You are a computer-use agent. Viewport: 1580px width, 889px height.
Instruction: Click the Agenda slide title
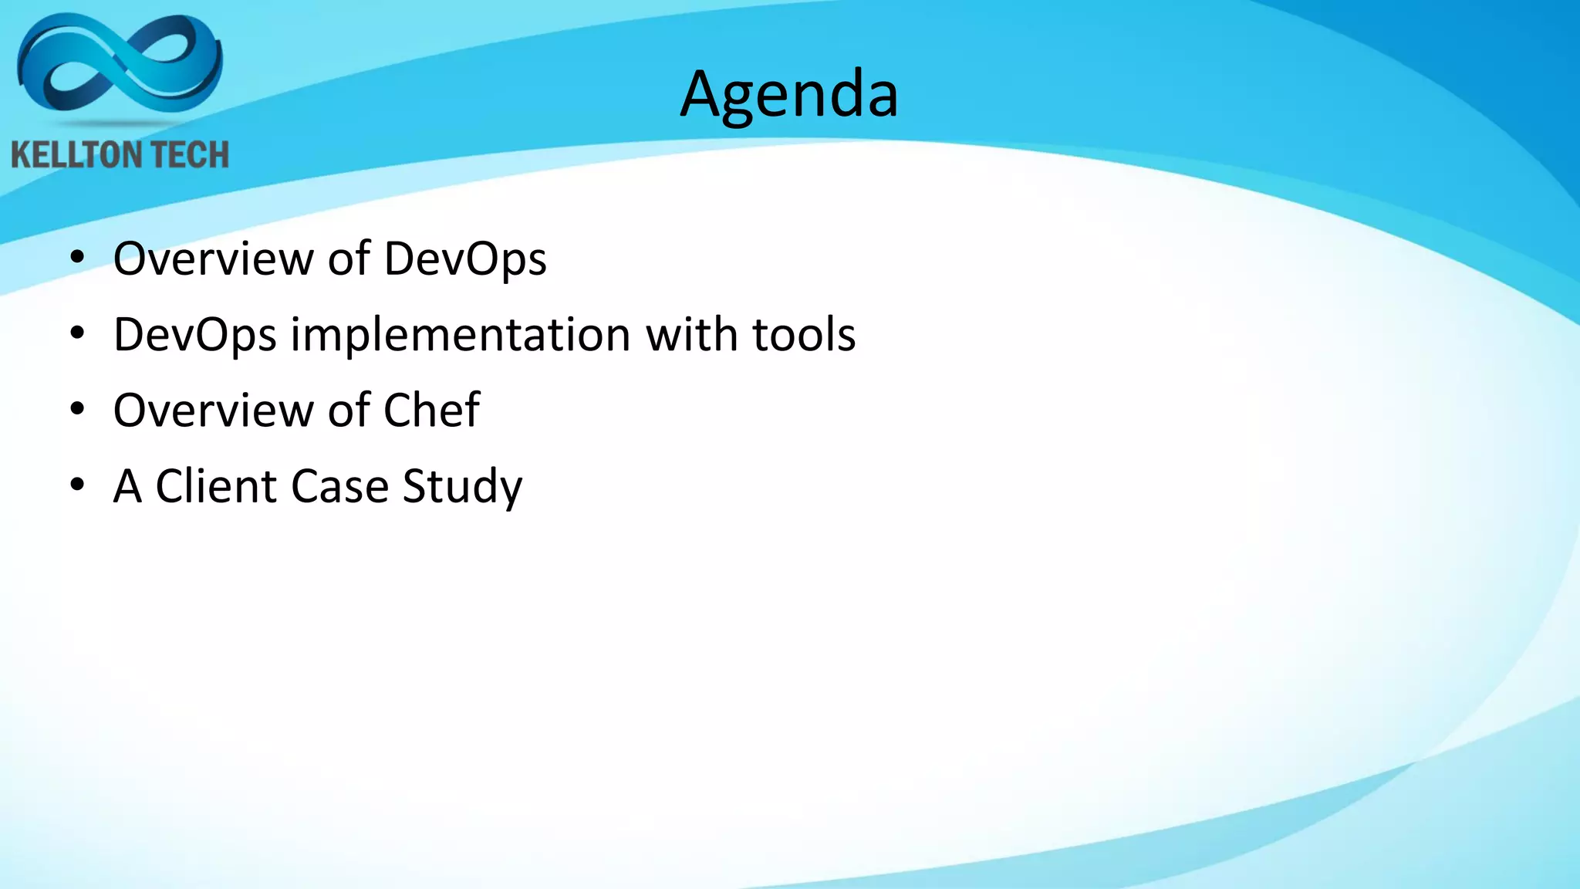(789, 95)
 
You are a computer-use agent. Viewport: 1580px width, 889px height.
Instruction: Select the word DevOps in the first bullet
(465, 259)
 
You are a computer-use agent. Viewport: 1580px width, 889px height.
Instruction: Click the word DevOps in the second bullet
(194, 336)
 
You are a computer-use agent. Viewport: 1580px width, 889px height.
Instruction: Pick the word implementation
(461, 336)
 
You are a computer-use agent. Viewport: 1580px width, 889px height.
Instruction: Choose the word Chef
(431, 410)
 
